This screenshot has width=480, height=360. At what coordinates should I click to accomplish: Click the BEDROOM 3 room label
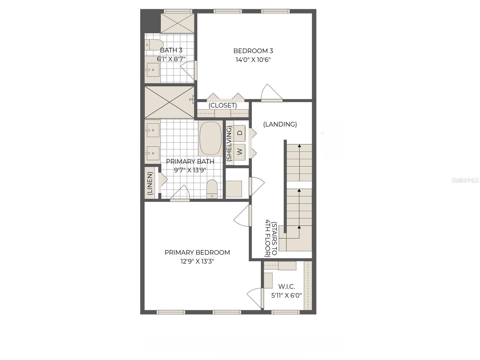click(253, 51)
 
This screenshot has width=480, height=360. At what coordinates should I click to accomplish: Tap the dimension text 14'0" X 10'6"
click(253, 60)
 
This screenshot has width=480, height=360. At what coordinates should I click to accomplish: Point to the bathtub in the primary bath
click(210, 138)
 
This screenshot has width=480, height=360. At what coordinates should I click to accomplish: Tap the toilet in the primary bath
click(212, 189)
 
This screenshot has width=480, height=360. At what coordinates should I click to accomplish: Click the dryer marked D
click(239, 133)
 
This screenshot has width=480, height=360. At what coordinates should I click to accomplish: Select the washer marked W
click(239, 151)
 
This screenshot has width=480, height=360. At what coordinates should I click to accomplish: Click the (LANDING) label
click(280, 124)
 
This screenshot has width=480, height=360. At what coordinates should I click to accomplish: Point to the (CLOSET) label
click(223, 106)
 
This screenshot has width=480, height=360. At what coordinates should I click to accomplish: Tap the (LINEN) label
click(150, 183)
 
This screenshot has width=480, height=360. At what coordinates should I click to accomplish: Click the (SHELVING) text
click(229, 144)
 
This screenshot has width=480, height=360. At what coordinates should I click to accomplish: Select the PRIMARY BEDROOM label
click(197, 253)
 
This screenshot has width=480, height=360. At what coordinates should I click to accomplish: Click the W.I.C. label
click(286, 287)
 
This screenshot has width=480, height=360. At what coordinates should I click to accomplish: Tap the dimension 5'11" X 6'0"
click(286, 295)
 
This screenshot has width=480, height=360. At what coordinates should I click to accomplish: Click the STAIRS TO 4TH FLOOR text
click(271, 238)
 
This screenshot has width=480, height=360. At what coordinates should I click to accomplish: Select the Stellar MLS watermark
click(465, 180)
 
